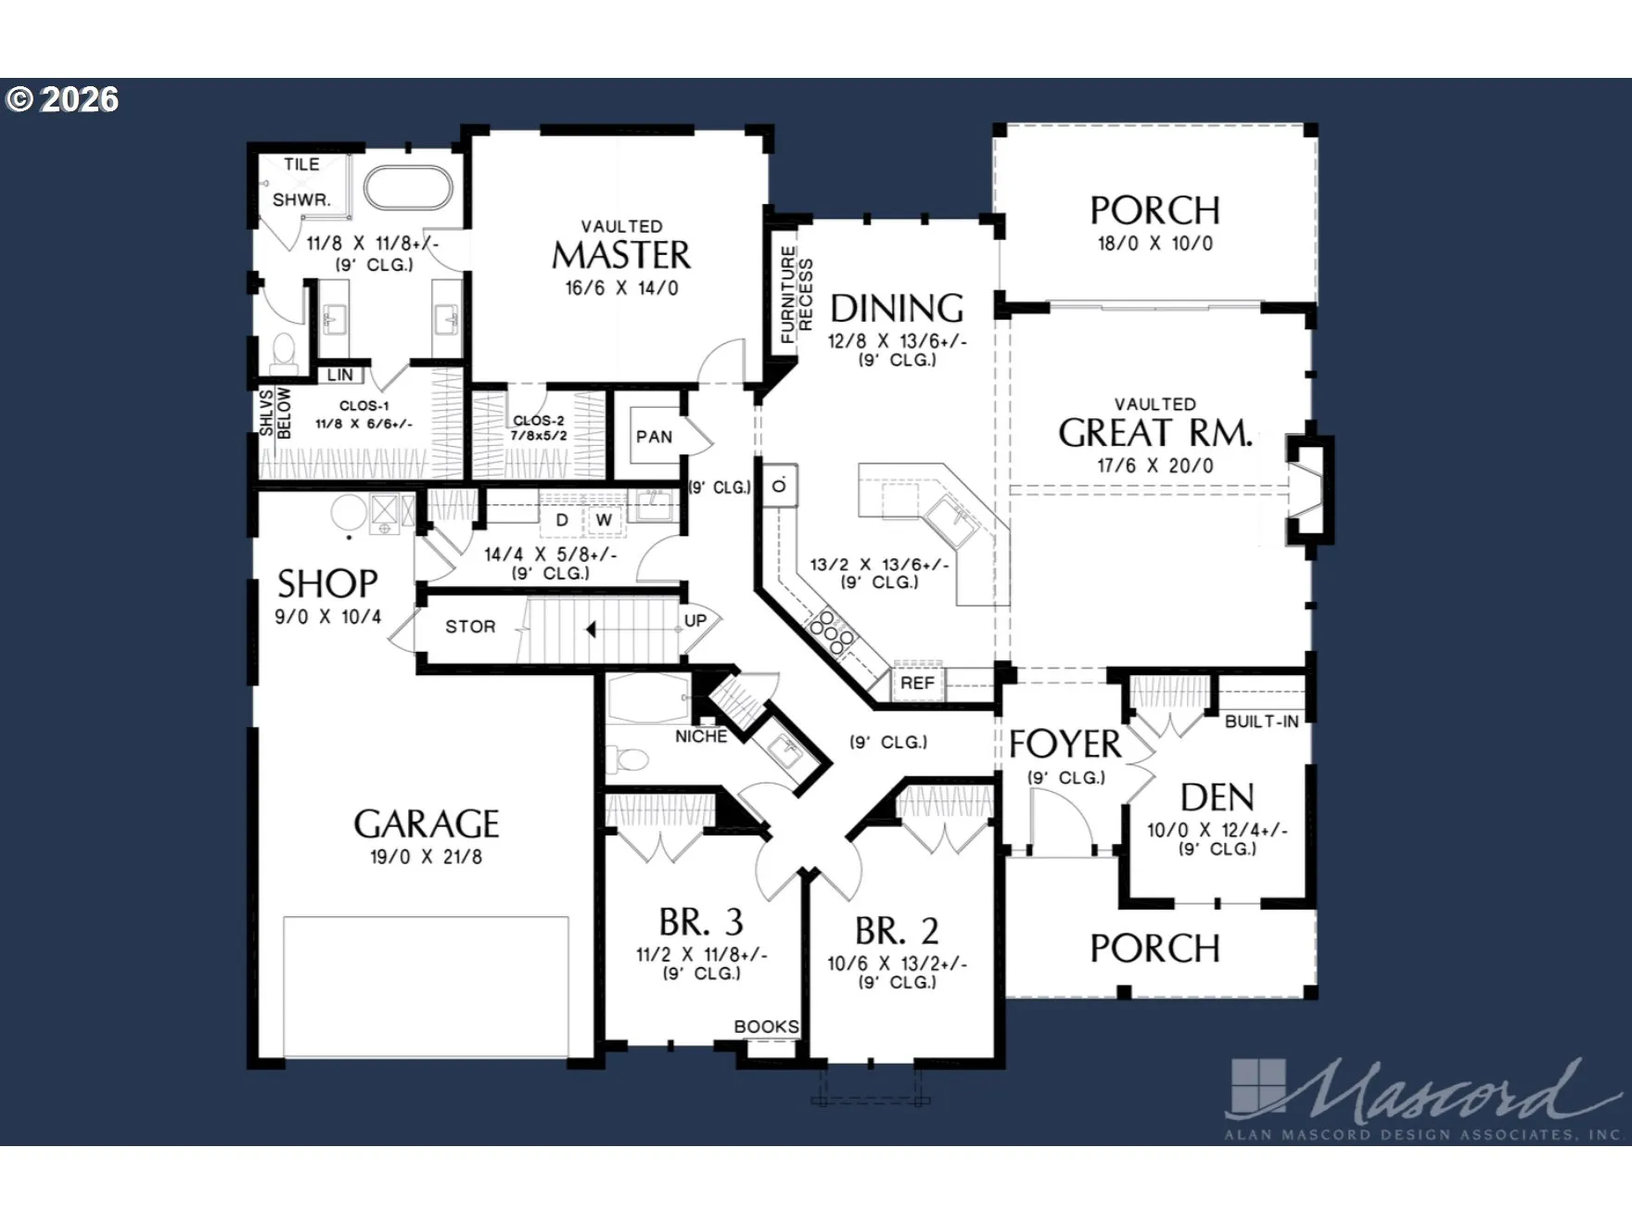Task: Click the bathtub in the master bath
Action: point(408,187)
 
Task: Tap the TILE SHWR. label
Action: point(301,182)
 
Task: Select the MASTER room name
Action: point(621,255)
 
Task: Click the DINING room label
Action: point(897,308)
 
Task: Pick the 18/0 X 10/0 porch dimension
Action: point(1154,243)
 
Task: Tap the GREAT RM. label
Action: point(1155,433)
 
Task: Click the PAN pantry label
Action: point(654,437)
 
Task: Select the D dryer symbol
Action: point(562,520)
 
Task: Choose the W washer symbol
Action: point(604,520)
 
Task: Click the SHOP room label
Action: point(327,583)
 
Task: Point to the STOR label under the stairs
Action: point(470,627)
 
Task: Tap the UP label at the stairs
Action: point(695,620)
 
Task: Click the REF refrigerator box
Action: point(917,682)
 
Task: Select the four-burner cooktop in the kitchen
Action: point(832,632)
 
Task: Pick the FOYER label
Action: point(1065,744)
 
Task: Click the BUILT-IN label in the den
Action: point(1262,721)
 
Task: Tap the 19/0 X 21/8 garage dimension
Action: point(426,857)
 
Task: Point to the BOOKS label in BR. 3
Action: point(766,1026)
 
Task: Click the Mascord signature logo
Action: point(1423,1097)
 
